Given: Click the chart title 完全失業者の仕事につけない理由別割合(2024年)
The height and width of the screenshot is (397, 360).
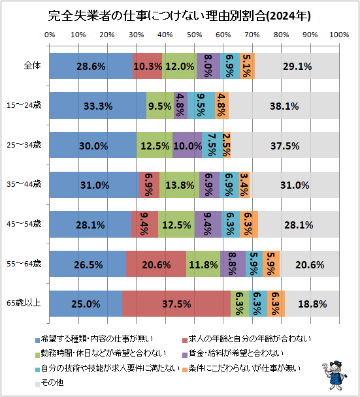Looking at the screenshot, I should (180, 14).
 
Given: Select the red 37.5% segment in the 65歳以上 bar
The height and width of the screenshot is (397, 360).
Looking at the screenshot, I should (176, 304).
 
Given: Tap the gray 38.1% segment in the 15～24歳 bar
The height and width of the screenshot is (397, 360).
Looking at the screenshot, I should (284, 106).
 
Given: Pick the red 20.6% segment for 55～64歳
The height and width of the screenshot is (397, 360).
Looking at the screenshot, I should (156, 264).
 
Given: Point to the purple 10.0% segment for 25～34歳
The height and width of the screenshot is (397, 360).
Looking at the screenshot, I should (187, 145).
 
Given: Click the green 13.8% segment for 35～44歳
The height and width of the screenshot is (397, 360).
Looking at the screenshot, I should (179, 185).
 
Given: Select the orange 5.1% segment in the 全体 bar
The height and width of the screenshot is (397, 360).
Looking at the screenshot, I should (247, 66).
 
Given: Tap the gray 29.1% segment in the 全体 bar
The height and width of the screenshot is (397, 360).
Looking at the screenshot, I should (297, 66).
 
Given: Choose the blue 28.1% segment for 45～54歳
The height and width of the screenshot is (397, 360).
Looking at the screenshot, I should (90, 225).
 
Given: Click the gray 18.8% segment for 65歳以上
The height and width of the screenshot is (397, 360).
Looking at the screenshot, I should (312, 304).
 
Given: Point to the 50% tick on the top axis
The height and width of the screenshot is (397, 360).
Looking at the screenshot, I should (194, 35).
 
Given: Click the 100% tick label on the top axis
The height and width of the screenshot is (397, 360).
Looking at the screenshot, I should (338, 35).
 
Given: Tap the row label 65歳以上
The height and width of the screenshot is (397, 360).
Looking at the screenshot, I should (24, 304).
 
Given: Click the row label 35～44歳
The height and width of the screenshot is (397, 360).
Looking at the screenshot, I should (24, 185).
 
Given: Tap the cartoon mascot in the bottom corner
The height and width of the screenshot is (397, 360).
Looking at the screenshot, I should (335, 375).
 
